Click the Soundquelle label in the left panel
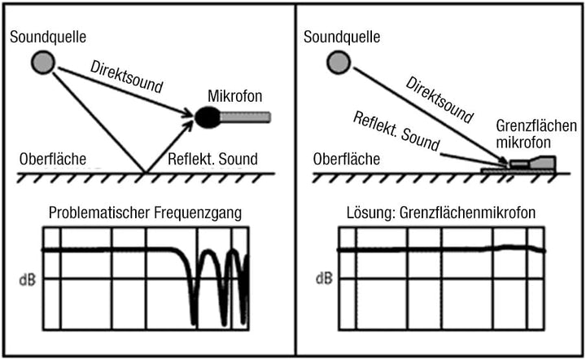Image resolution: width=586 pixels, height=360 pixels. (48, 37)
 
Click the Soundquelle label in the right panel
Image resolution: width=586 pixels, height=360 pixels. (342, 37)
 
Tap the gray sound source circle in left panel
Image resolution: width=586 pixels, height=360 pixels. (43, 62)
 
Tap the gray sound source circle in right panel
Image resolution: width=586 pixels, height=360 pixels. (339, 62)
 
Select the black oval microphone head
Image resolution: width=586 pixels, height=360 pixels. (208, 117)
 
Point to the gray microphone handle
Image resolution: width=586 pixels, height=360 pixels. (245, 117)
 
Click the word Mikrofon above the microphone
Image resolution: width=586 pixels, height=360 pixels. (234, 96)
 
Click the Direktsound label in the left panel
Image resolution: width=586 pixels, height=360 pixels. (126, 77)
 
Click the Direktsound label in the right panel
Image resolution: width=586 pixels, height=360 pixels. (439, 99)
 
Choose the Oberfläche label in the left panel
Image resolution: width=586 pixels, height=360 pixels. (53, 160)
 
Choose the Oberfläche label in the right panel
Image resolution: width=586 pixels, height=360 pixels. (347, 160)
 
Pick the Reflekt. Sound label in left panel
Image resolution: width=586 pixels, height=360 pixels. (212, 160)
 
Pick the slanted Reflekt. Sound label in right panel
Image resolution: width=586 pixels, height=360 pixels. (396, 131)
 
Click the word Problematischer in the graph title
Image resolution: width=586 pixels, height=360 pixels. (99, 213)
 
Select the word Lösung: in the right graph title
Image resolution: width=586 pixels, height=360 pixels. (371, 213)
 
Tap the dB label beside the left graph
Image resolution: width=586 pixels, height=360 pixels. (28, 279)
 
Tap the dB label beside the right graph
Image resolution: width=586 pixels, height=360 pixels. (324, 279)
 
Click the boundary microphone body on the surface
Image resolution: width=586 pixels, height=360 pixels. (533, 163)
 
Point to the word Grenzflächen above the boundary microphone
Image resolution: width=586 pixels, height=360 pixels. (536, 126)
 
